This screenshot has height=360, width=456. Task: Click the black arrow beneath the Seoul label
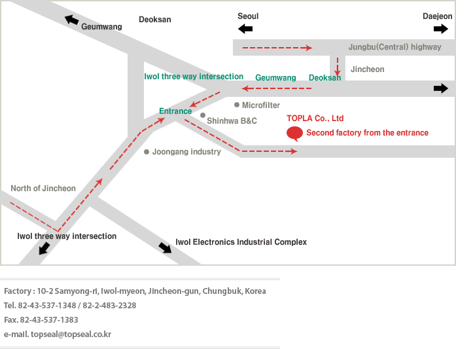245,29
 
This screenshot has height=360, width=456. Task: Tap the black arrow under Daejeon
441,29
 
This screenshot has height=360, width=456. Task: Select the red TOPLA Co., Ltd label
315,118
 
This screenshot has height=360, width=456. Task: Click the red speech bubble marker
295,134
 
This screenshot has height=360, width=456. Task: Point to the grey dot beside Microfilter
236,105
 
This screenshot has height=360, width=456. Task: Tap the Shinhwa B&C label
232,121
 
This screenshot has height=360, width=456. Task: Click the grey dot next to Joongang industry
147,152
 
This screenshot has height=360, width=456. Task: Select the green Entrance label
175,111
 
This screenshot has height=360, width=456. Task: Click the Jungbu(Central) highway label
395,47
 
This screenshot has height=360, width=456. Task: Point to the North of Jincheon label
43,189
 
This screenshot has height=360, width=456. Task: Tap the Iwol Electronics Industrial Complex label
241,242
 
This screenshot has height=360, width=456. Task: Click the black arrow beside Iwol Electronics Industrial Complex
166,247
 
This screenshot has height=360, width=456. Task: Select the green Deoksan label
324,78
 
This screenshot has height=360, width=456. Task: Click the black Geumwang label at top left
101,27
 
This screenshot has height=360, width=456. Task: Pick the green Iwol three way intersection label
194,77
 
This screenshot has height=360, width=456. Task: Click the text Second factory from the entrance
367,133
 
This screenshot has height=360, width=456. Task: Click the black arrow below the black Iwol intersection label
45,248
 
